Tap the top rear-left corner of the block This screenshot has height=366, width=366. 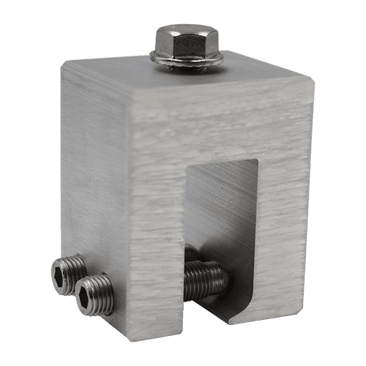coord(61,64)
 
